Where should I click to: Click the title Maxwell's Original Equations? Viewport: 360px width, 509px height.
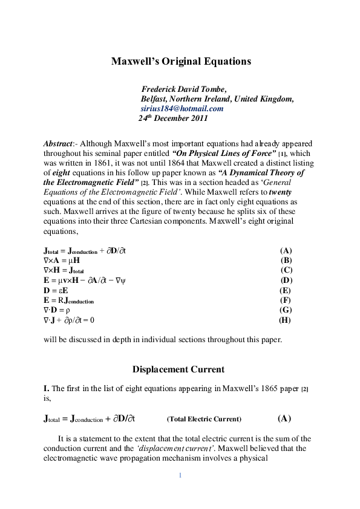tap(180, 62)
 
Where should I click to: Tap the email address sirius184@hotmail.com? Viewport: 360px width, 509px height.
tap(182, 109)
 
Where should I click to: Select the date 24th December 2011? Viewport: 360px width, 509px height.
tap(173, 118)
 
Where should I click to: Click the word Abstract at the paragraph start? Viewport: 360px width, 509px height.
tap(57, 144)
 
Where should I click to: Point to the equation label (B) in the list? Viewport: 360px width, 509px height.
tap(286, 260)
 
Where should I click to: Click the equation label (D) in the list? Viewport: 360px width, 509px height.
tap(286, 280)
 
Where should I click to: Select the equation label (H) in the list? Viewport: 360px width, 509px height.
tap(284, 320)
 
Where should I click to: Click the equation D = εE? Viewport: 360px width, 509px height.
tap(56, 290)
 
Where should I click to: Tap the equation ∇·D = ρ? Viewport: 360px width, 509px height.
tap(57, 310)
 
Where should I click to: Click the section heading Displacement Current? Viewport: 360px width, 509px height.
tap(178, 369)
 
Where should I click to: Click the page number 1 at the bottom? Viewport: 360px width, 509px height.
tap(180, 475)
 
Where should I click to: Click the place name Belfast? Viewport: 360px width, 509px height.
tap(154, 99)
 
